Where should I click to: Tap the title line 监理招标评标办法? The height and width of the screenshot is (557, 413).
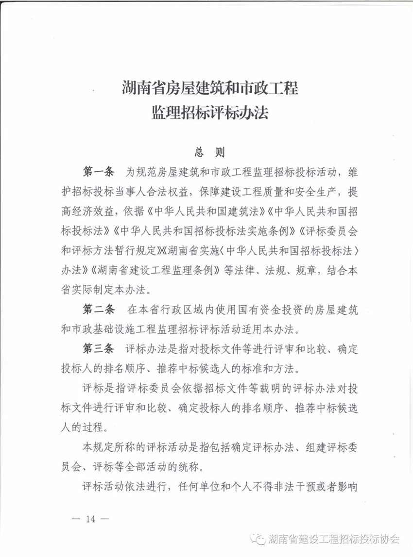(209, 114)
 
